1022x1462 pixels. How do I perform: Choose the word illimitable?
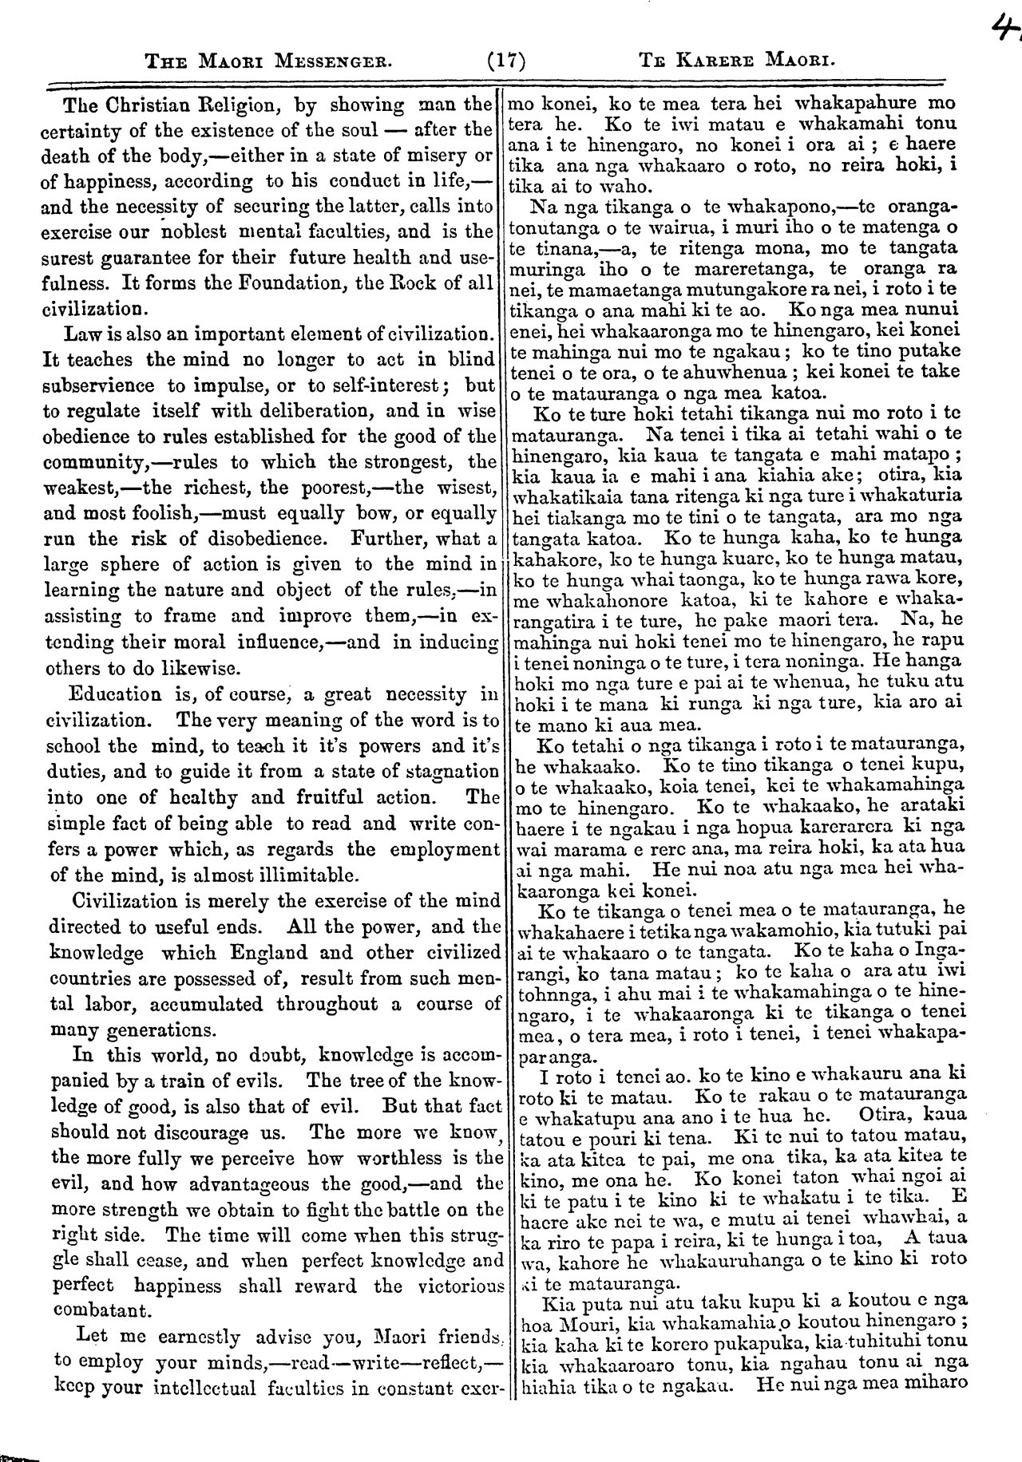point(304,873)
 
